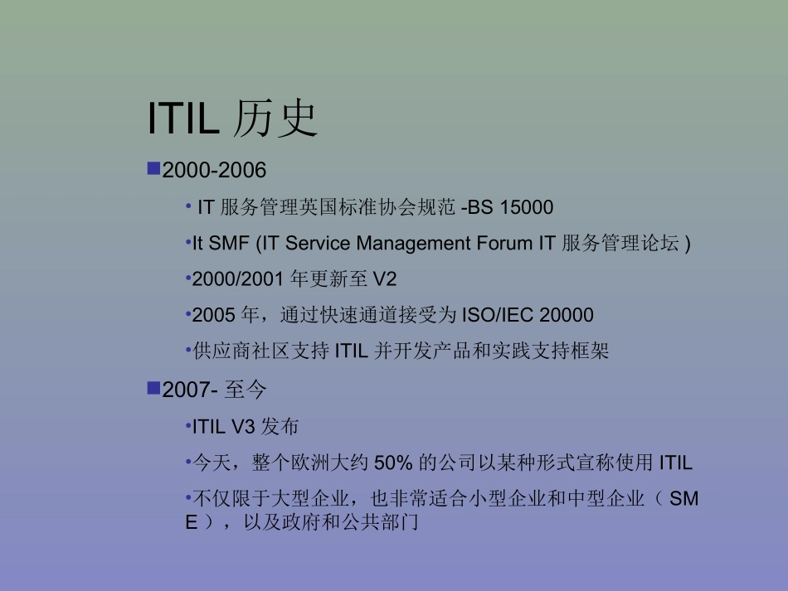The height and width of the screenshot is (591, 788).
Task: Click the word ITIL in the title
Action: pyautogui.click(x=183, y=118)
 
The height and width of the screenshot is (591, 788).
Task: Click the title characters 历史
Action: pyautogui.click(x=275, y=118)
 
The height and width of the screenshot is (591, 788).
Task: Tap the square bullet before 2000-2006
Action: pyautogui.click(x=153, y=169)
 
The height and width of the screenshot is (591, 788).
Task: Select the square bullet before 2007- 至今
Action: pyautogui.click(x=153, y=388)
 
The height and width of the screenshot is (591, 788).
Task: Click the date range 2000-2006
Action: pyautogui.click(x=214, y=171)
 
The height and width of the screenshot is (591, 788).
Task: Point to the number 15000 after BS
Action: pyautogui.click(x=526, y=207)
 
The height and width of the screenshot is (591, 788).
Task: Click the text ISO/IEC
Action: pyautogui.click(x=492, y=315)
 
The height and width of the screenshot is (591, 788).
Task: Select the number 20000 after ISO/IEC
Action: pyautogui.click(x=567, y=315)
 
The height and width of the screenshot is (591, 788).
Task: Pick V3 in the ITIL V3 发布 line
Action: pyautogui.click(x=242, y=427)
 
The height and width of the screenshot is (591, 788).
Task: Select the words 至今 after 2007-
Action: pyautogui.click(x=246, y=390)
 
